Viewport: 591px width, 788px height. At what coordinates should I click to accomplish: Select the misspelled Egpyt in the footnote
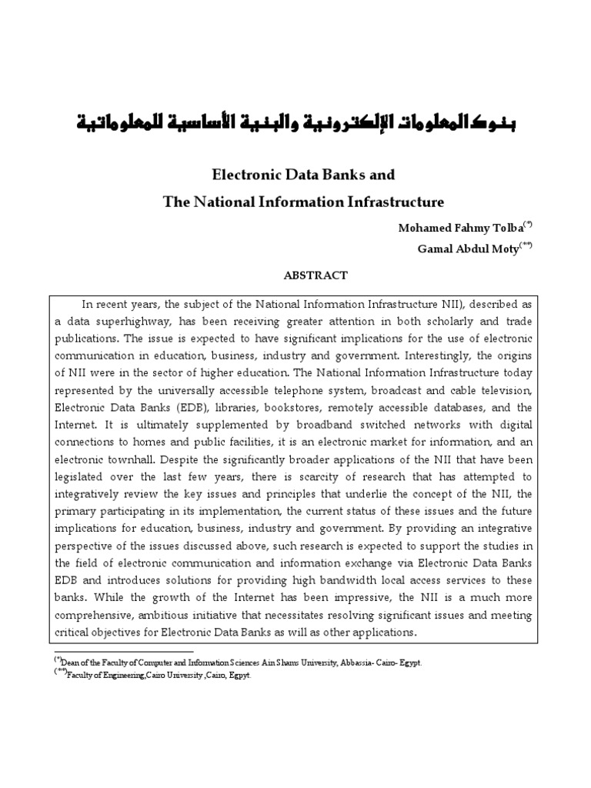tap(239, 675)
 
